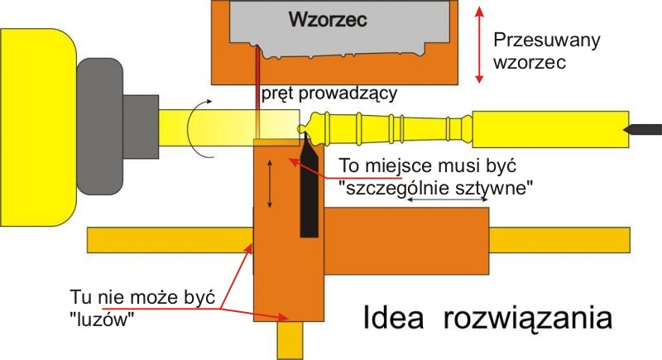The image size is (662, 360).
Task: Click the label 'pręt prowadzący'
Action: point(329,94)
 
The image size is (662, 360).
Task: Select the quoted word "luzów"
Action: point(103,318)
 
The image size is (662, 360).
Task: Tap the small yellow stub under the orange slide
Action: point(290,340)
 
